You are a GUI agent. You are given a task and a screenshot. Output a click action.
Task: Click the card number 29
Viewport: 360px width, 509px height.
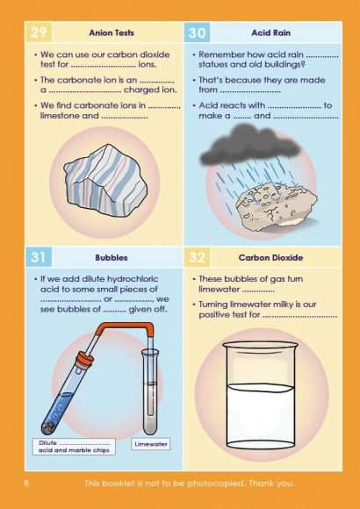pos(38,32)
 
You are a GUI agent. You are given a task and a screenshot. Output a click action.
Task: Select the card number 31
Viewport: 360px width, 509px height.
pos(38,257)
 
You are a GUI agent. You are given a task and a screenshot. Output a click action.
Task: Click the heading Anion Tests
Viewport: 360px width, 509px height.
pos(112,32)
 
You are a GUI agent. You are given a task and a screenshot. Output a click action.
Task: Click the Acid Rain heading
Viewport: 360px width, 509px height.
pos(270,32)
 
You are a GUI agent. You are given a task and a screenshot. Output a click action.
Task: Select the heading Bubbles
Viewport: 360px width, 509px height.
pos(112,258)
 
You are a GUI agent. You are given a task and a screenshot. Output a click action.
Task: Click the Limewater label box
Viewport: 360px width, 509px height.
pos(150,444)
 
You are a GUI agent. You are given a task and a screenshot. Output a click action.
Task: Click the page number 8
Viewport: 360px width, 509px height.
pos(26,484)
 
